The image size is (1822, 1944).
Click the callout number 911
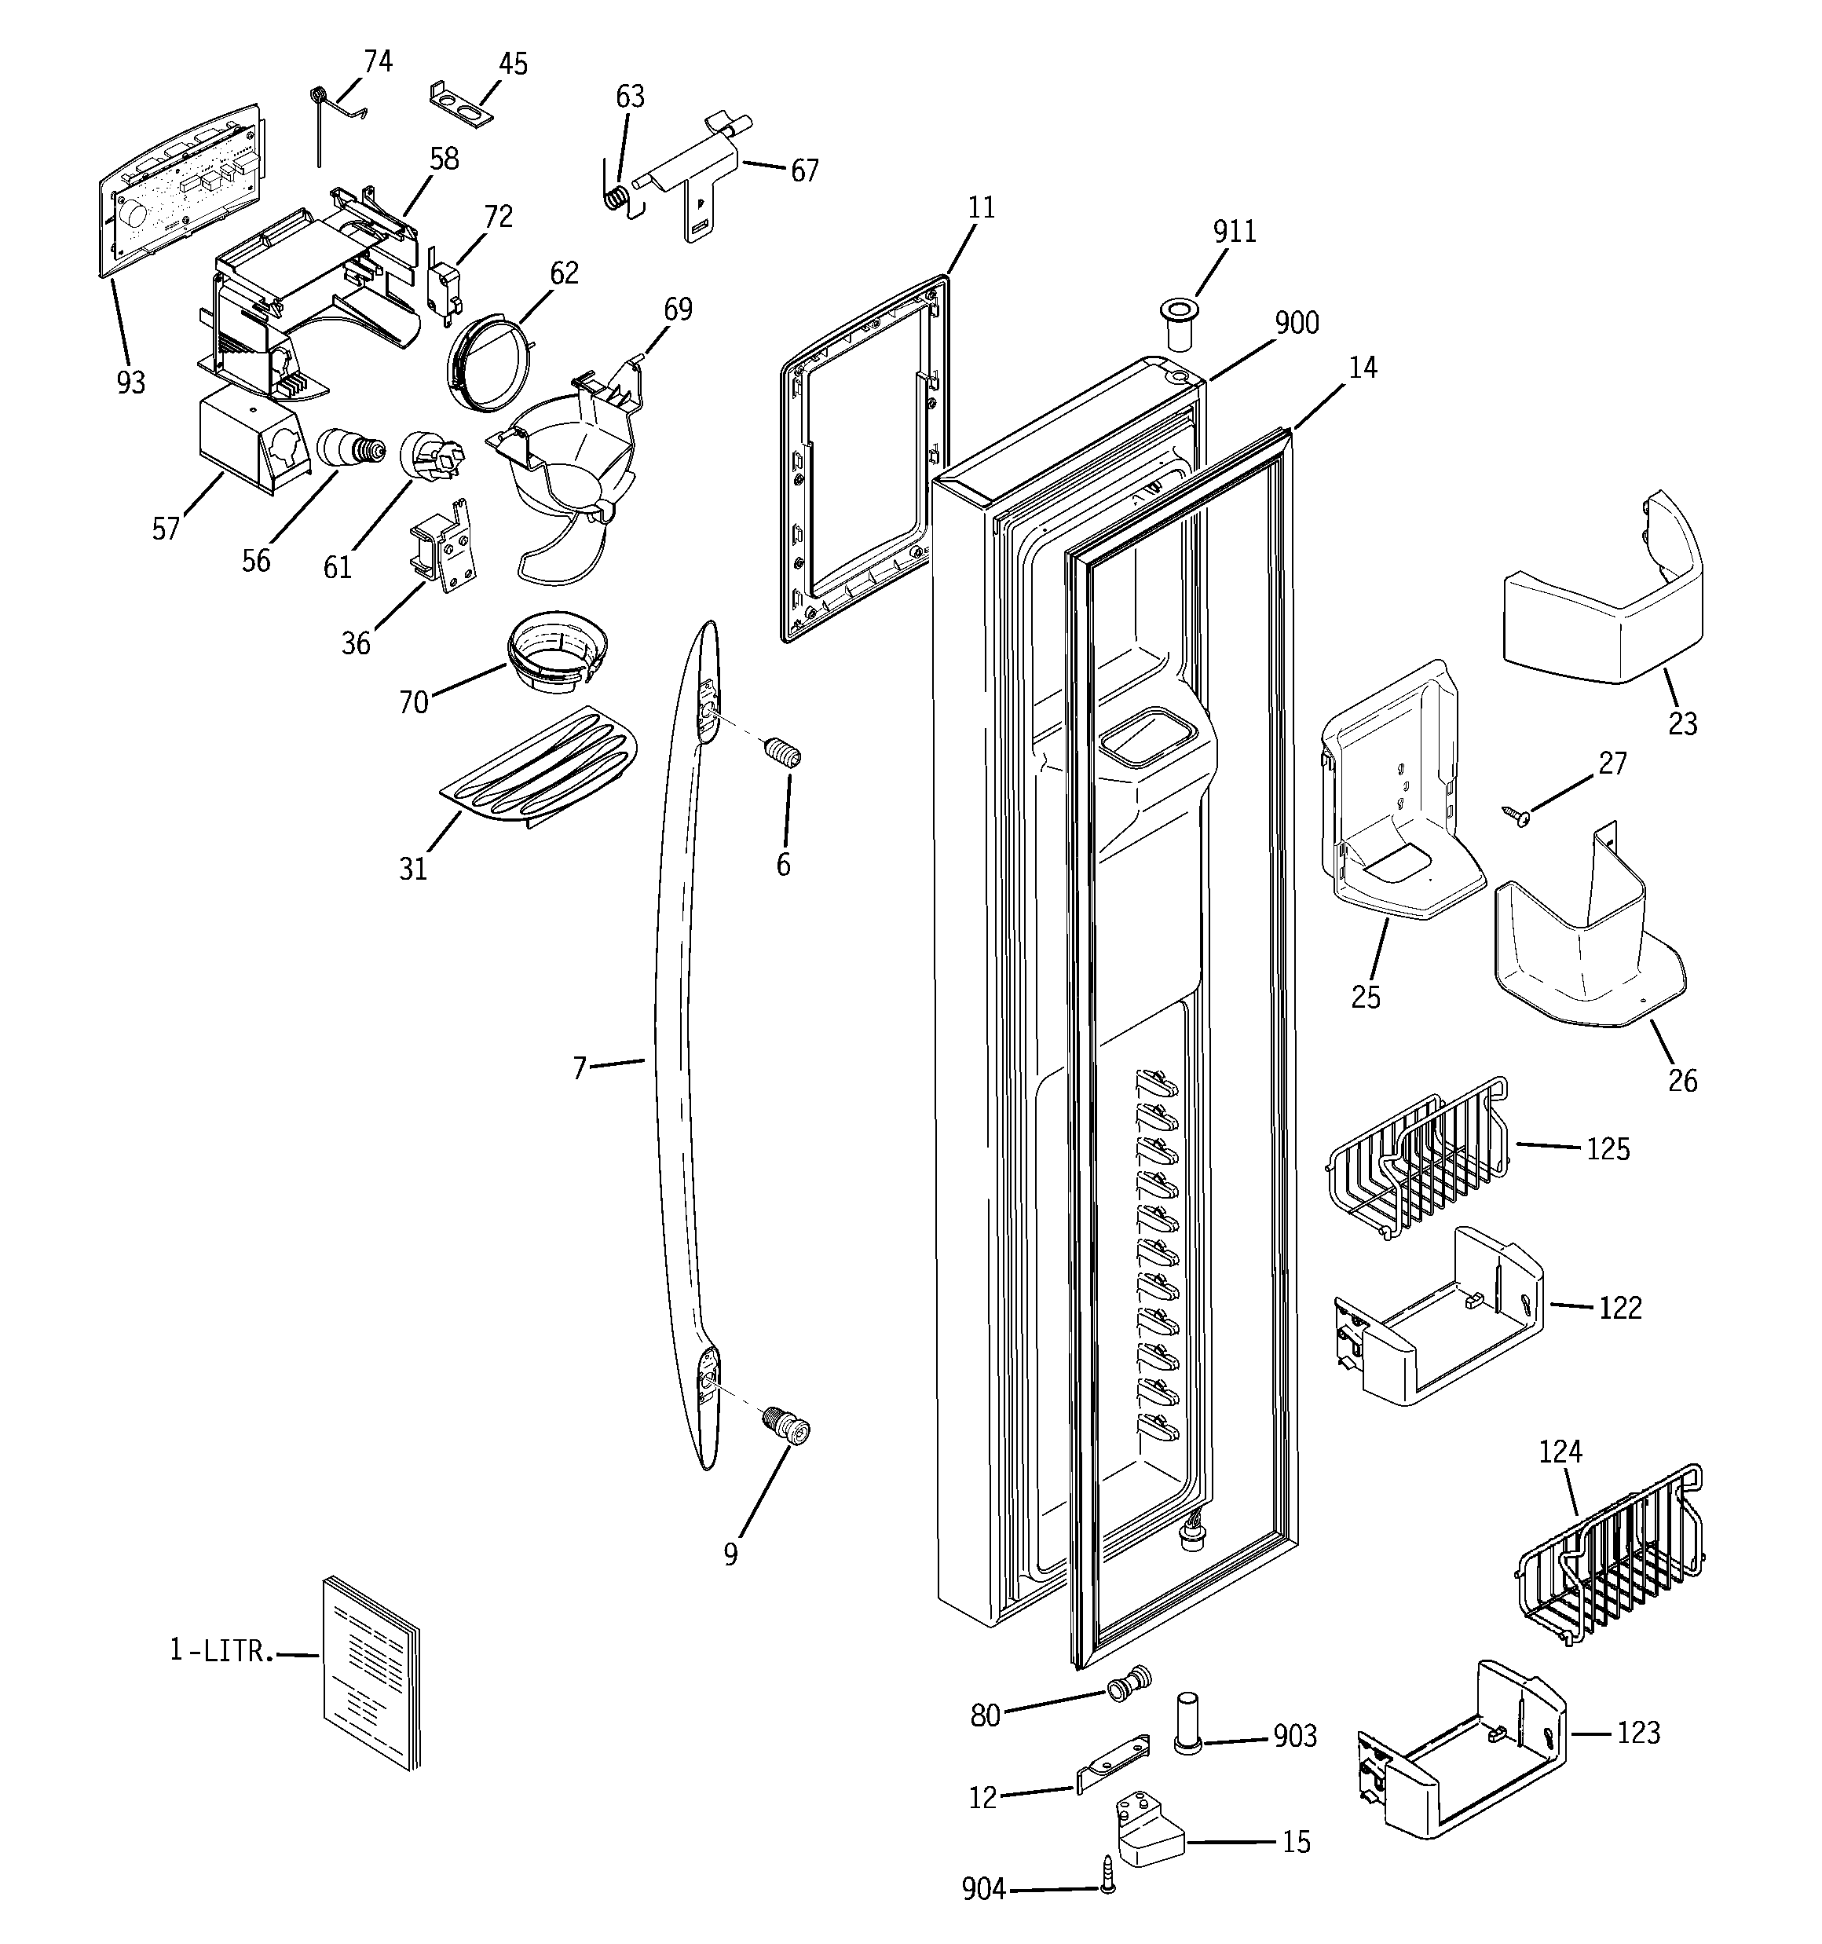coord(1235,232)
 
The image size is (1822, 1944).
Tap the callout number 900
coord(1297,323)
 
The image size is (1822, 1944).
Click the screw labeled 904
coord(1107,1888)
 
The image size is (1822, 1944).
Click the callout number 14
coord(1363,368)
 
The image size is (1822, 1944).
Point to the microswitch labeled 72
coord(439,287)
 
